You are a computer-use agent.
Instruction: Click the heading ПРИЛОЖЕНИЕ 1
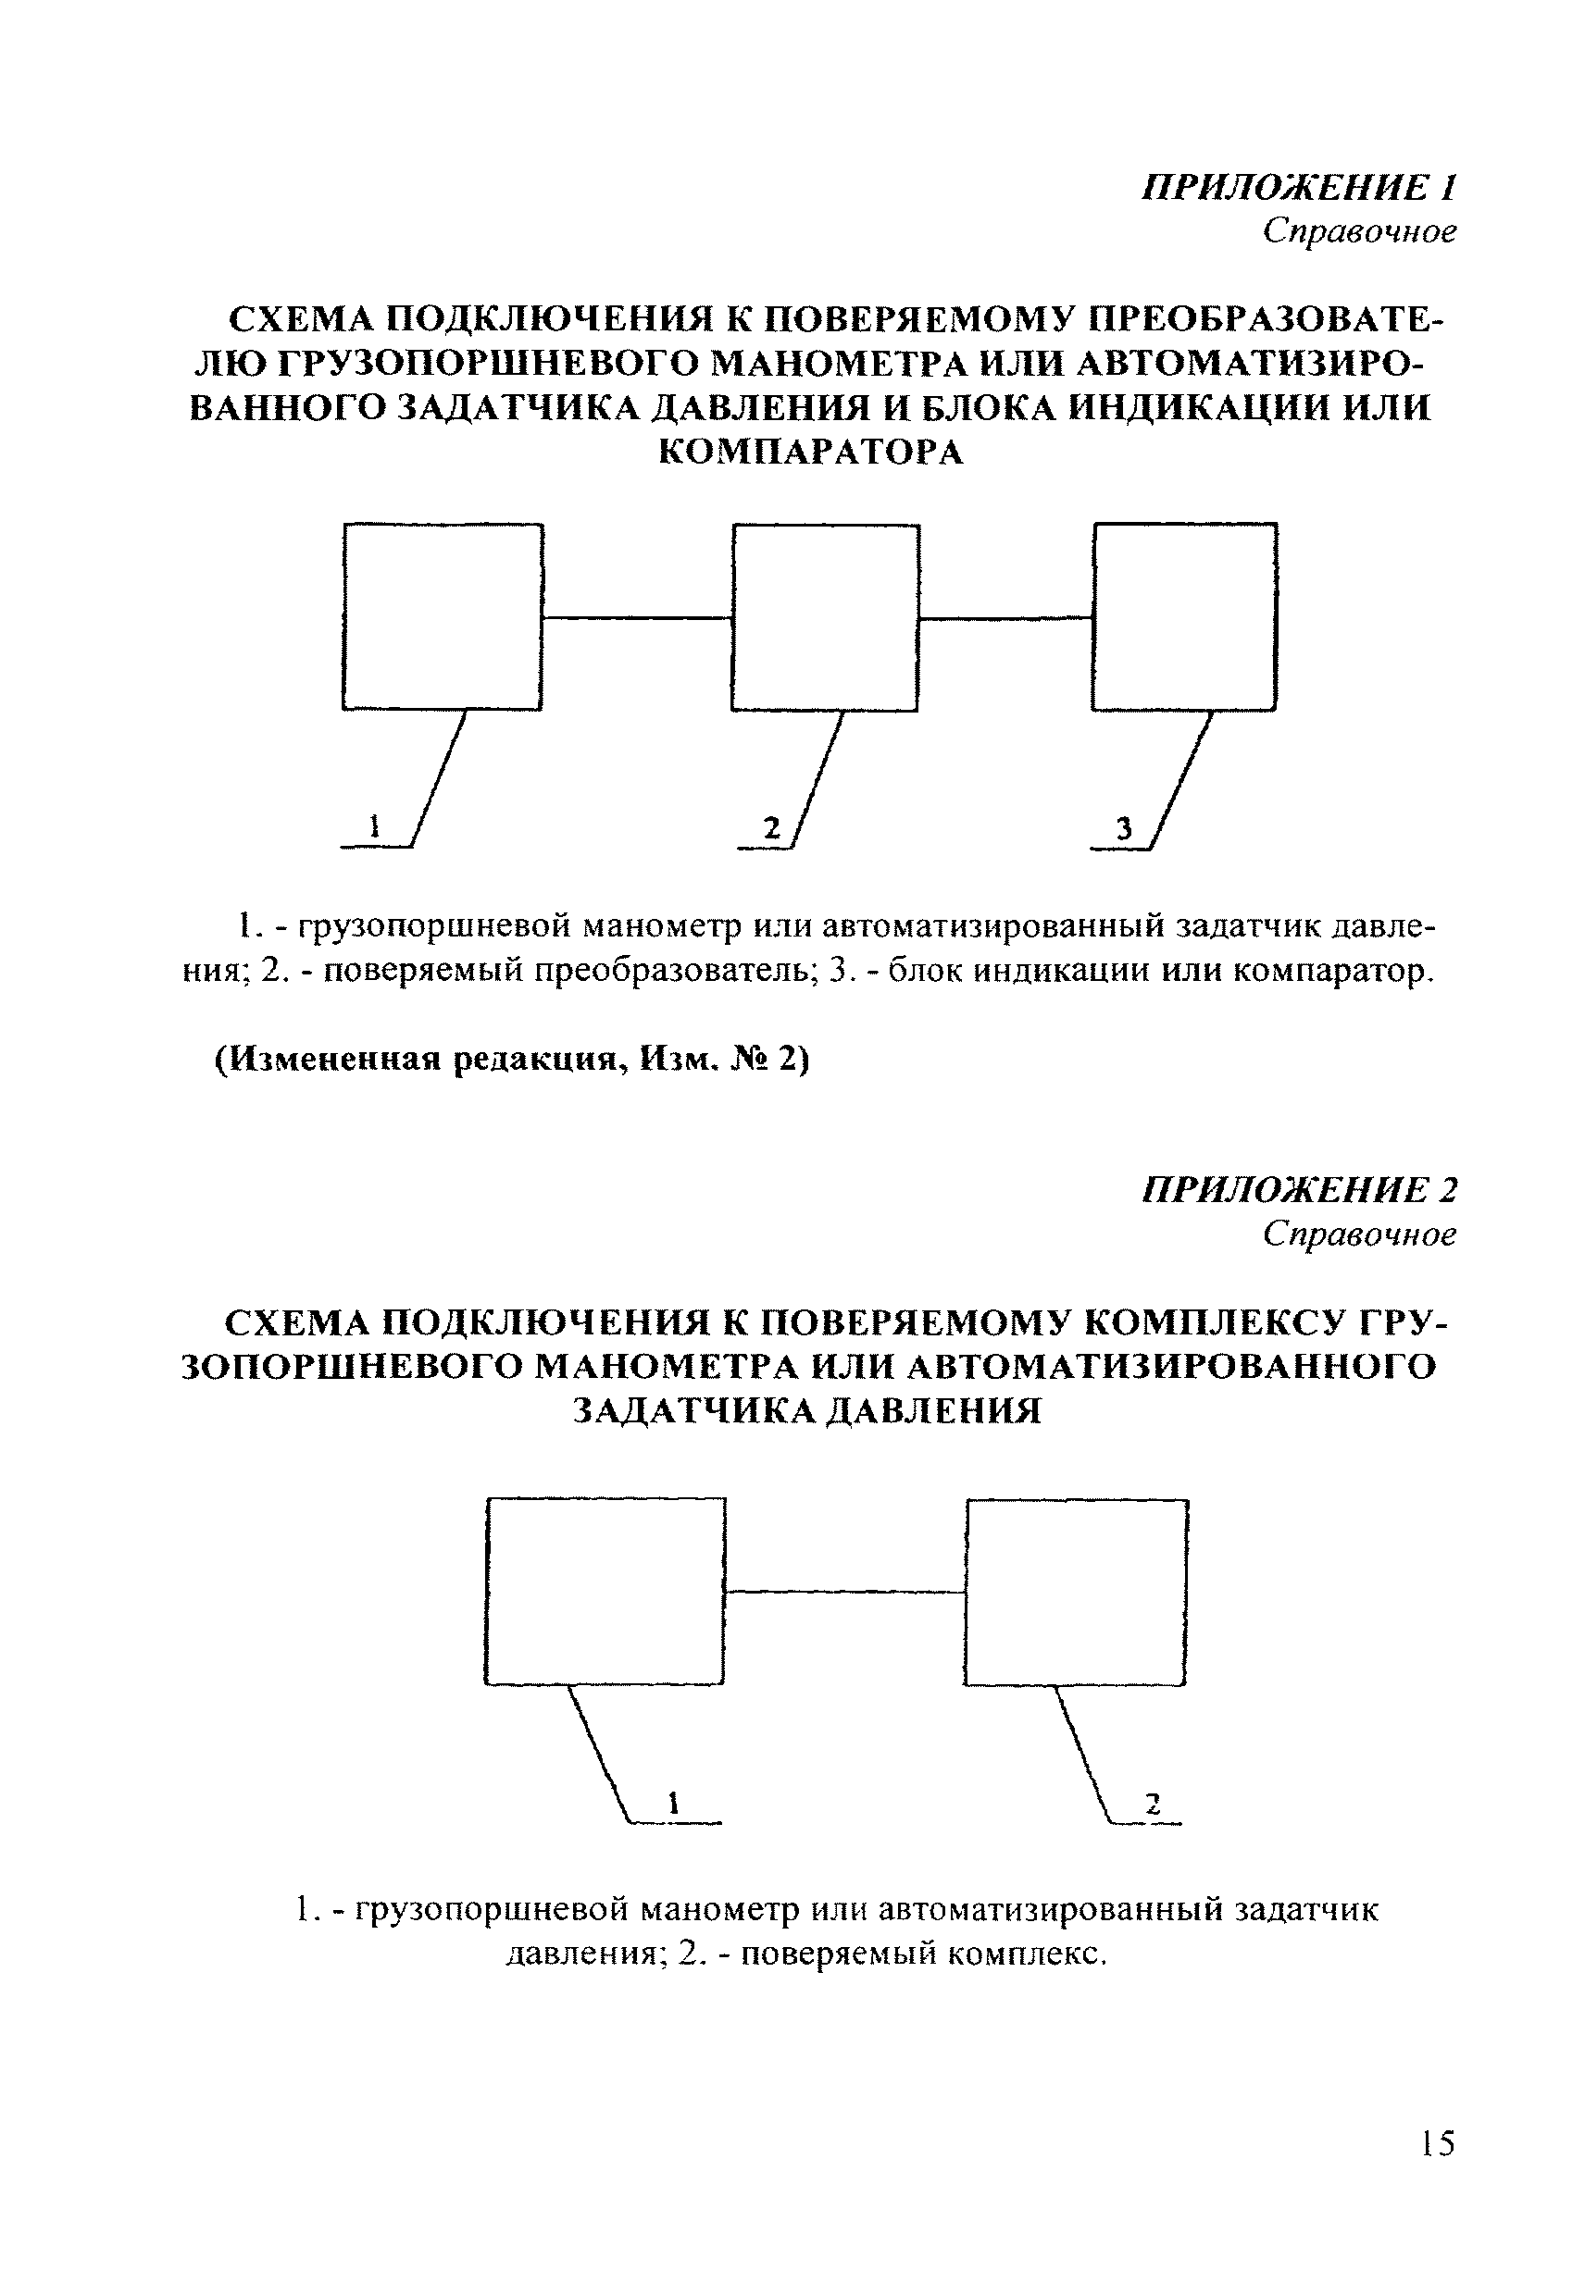1299,187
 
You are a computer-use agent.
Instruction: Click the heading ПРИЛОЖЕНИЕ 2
1299,1189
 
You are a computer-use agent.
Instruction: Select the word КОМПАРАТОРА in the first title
811,453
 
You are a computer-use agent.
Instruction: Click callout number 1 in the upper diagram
374,827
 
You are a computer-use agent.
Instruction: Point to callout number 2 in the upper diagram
771,828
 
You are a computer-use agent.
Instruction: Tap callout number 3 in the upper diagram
1123,829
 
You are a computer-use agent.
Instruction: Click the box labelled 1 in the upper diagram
442,616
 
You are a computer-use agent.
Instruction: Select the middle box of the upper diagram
825,617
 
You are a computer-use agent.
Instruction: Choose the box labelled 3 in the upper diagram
1184,616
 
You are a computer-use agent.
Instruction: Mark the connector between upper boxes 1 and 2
637,617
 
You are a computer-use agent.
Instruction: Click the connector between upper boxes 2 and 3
1005,618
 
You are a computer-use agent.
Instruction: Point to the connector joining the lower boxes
844,1593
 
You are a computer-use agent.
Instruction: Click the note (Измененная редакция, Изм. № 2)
513,1060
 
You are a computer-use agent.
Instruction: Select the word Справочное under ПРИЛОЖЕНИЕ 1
1358,231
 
